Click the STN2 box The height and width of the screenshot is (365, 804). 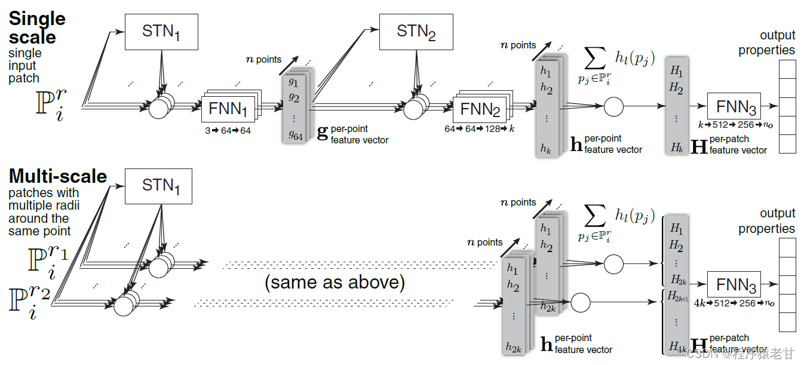(x=416, y=32)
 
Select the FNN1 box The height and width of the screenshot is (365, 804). (x=228, y=110)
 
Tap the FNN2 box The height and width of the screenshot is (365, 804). (x=480, y=110)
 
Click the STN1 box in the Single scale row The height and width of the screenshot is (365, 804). (x=161, y=32)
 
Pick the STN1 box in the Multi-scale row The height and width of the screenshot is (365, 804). (x=161, y=186)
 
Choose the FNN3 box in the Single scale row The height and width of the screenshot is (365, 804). (x=736, y=107)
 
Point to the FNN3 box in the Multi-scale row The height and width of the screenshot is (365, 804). (x=736, y=285)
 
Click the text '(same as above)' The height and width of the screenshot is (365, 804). (x=335, y=282)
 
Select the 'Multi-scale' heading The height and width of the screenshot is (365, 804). (x=58, y=176)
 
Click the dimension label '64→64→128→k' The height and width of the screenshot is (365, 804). (x=479, y=129)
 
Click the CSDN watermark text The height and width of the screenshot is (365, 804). (x=741, y=354)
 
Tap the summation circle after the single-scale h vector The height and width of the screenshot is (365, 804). (x=613, y=107)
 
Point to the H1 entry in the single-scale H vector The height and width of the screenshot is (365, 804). (x=676, y=71)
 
